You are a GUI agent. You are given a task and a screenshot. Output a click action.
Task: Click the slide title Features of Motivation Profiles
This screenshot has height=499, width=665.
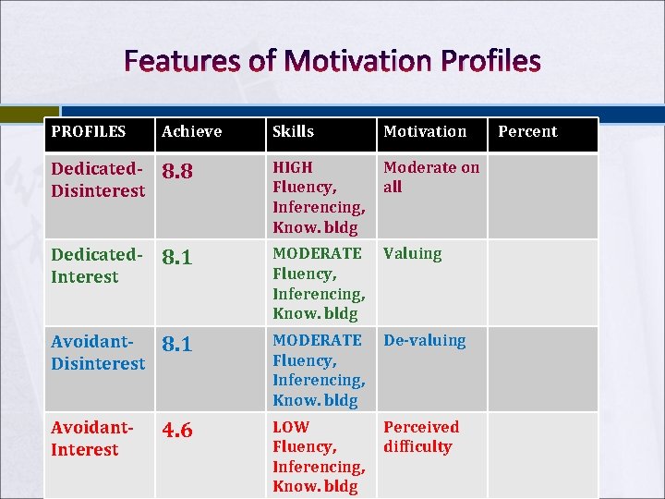(332, 62)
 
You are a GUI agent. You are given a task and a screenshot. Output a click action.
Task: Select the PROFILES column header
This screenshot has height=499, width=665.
(88, 131)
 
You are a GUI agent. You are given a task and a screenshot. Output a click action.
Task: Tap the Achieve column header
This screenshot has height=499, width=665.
(191, 131)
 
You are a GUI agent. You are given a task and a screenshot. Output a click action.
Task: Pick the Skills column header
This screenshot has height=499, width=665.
(293, 131)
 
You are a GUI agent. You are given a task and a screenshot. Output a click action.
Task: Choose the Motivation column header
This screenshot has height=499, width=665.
(425, 131)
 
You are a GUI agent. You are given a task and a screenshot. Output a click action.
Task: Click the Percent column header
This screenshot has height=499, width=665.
(527, 131)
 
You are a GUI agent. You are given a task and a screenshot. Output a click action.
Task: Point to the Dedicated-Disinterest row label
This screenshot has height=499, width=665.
(98, 179)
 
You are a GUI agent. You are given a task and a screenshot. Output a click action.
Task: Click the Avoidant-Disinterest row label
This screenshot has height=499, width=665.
(98, 352)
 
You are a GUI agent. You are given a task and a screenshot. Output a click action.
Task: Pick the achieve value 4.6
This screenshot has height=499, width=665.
(177, 431)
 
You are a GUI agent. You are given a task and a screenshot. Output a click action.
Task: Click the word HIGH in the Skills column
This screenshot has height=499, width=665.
(292, 167)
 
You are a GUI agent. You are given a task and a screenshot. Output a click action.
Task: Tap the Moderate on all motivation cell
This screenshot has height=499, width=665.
(430, 176)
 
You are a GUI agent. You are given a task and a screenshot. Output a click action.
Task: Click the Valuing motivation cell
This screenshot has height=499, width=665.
(412, 253)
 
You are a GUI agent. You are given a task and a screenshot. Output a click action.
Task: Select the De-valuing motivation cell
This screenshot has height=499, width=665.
(424, 340)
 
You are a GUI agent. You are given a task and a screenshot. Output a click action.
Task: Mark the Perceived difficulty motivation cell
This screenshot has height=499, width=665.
(420, 436)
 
